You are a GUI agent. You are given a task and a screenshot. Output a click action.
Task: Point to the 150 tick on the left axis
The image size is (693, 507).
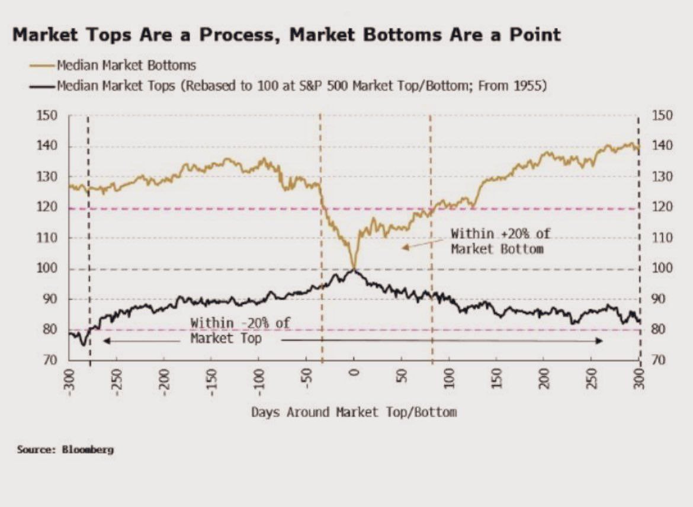(x=48, y=115)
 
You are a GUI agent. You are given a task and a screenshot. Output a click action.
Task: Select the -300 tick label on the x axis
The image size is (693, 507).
(x=69, y=378)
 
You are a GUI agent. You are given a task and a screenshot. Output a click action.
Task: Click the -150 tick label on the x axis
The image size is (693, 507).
(x=212, y=378)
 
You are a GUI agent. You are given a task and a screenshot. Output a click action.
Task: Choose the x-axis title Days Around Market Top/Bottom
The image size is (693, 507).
(x=354, y=412)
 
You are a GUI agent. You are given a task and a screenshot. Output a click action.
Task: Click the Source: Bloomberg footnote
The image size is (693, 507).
(x=65, y=450)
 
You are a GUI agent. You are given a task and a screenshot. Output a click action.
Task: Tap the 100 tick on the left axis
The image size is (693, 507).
(x=48, y=268)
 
